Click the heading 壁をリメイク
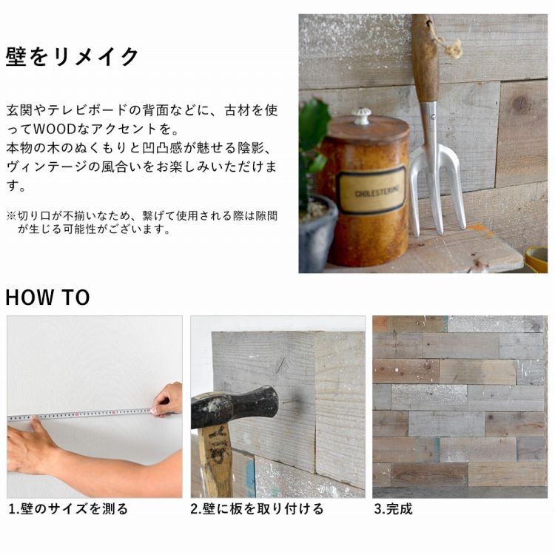pos(73,57)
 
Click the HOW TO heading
pos(47,297)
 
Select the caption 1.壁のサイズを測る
pos(68,509)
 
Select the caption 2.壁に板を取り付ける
pos(257,509)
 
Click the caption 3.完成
pos(393,509)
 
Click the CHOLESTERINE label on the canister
pos(371,190)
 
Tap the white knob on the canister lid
pos(361,115)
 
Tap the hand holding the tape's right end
pos(168,400)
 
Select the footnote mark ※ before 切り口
pos(10,215)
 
